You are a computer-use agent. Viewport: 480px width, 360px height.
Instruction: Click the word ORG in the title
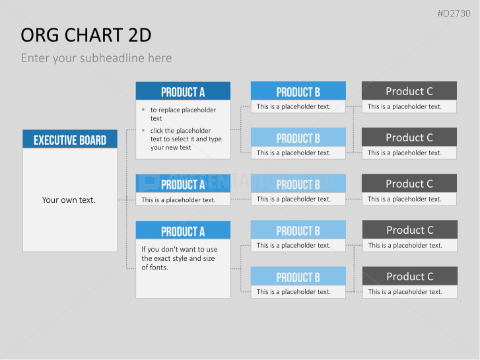pos(40,35)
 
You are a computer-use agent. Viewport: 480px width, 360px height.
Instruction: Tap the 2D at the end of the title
pos(140,35)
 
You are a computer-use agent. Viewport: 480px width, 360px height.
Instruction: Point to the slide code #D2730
pos(454,13)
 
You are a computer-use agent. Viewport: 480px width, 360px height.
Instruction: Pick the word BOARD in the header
pos(92,140)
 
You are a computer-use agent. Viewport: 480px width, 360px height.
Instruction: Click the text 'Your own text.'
pos(69,199)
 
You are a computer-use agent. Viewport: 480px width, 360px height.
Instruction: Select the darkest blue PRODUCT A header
pos(183,91)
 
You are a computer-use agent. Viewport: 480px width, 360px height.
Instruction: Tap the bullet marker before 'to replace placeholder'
pos(143,110)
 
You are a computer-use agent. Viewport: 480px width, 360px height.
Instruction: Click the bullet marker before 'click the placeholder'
pos(143,130)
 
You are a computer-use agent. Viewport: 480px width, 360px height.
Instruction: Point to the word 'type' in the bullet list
pos(215,139)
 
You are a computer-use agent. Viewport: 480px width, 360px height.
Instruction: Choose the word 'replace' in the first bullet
pos(170,110)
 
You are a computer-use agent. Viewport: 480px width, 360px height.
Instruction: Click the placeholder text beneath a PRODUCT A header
pos(178,200)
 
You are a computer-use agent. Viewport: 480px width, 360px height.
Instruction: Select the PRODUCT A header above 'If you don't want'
pos(183,230)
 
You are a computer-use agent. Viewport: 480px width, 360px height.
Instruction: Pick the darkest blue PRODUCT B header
pos(298,90)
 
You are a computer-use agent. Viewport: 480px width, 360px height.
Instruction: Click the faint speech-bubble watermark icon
pos(150,182)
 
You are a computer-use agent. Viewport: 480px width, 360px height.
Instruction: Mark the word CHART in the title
pos(94,35)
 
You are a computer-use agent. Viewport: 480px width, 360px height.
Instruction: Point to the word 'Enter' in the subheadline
pos(36,58)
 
